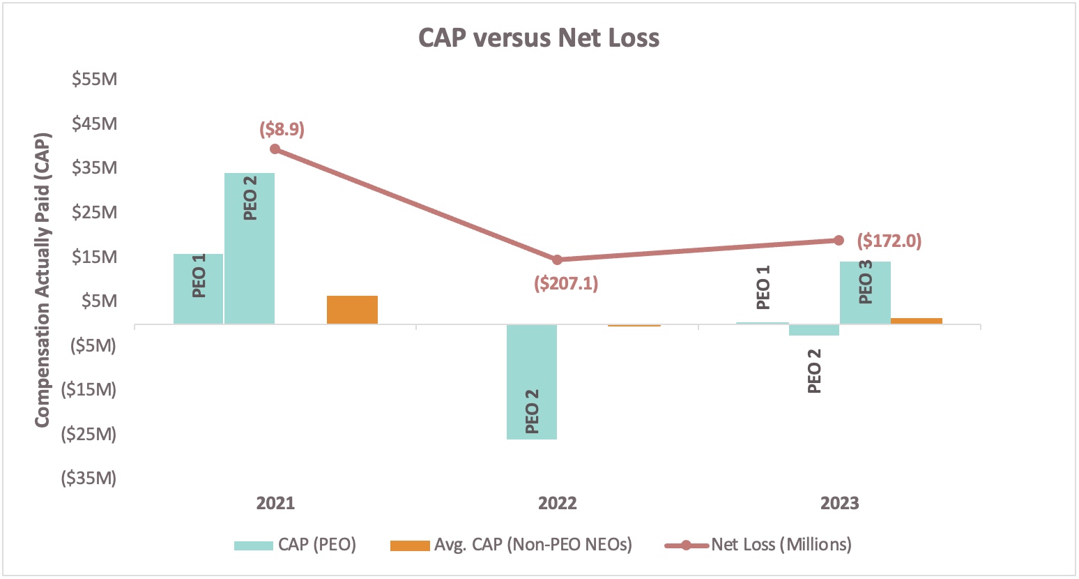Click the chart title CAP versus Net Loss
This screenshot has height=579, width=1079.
[x=538, y=38]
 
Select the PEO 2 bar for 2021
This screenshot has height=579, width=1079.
[x=250, y=248]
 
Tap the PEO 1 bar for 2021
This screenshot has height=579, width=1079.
[x=199, y=289]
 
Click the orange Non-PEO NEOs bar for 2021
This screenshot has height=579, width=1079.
[x=352, y=310]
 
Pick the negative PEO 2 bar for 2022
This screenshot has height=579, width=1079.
[x=532, y=382]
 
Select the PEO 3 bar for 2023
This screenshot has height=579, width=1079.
[x=865, y=292]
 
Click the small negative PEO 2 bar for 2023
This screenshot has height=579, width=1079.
[x=813, y=330]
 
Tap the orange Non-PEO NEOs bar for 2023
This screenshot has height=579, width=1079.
[x=917, y=321]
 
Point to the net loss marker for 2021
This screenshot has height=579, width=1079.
[x=275, y=149]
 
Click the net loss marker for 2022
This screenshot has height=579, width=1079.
[x=557, y=260]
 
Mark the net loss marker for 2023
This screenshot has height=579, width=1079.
[x=839, y=240]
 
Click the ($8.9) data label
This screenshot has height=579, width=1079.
[x=282, y=129]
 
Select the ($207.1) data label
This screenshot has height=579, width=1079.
[x=566, y=283]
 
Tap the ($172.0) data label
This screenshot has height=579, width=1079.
[x=889, y=241]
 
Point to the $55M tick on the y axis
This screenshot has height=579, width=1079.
[x=94, y=79]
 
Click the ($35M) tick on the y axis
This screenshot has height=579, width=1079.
[x=89, y=478]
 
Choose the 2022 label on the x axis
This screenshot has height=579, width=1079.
[x=557, y=503]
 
